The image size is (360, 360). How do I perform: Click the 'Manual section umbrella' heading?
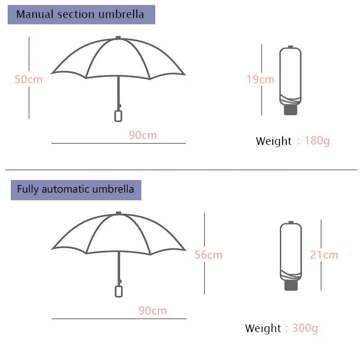click(x=81, y=14)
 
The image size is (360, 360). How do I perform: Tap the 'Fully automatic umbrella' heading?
click(x=76, y=189)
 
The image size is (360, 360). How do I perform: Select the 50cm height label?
click(x=28, y=80)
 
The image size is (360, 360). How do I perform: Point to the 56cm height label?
click(x=208, y=255)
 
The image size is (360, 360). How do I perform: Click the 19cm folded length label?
click(x=260, y=80)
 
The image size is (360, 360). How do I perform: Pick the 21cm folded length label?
click(x=324, y=255)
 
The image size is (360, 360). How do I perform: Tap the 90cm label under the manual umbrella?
click(x=143, y=135)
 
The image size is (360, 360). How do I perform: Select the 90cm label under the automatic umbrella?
click(x=153, y=310)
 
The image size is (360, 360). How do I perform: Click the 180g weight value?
click(x=317, y=141)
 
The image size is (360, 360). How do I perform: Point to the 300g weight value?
click(x=305, y=328)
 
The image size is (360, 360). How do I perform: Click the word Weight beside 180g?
click(x=274, y=141)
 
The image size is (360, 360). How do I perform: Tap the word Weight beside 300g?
click(x=263, y=328)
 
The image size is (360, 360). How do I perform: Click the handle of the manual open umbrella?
click(x=118, y=115)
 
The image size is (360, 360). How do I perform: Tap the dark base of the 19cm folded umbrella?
click(x=290, y=110)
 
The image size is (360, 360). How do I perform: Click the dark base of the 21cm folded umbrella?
click(x=290, y=285)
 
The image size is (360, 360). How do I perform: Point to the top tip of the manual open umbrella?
click(x=118, y=38)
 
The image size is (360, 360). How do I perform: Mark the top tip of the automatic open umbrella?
click(x=119, y=213)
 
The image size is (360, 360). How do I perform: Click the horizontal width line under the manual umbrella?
click(x=118, y=143)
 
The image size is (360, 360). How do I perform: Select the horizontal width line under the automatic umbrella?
click(x=119, y=319)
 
